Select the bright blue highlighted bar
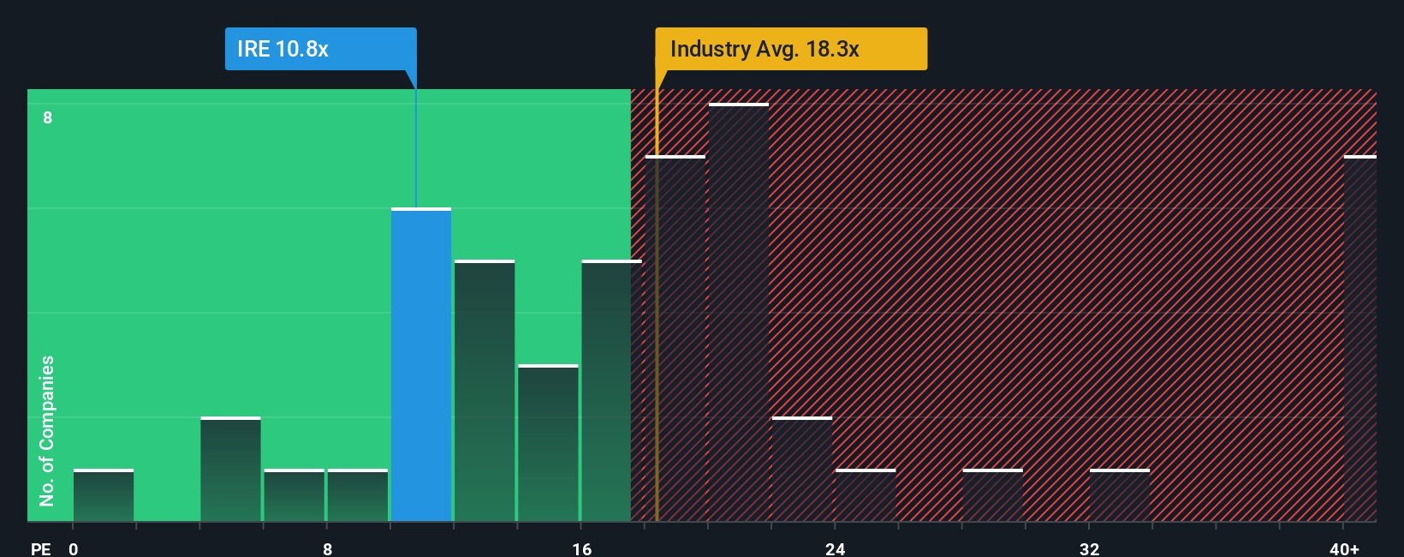click(421, 364)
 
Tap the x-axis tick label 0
click(74, 548)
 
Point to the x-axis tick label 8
click(327, 548)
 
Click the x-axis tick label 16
click(581, 548)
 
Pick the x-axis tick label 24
click(835, 548)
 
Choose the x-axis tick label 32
click(1089, 548)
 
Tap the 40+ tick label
click(1344, 548)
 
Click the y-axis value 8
click(48, 117)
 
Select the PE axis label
click(40, 548)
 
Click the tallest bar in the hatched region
click(739, 313)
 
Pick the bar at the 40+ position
click(1359, 338)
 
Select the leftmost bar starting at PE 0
click(104, 495)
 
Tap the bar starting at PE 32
click(1120, 495)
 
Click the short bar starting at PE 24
click(866, 495)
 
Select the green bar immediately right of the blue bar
click(485, 390)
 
